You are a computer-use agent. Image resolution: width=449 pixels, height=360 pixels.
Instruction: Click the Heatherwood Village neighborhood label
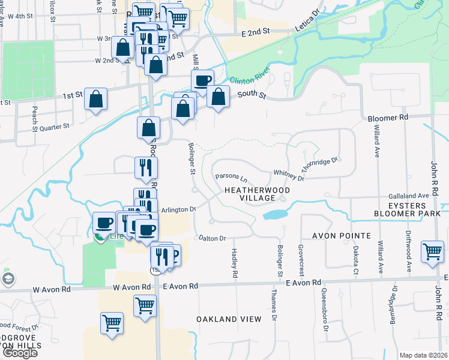pos(256,194)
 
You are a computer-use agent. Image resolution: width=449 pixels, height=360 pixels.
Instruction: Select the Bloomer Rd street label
pos(387,117)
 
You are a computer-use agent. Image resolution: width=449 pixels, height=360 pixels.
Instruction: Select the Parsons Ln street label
pos(231,178)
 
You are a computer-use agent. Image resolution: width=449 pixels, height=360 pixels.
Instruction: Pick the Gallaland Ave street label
pos(408,196)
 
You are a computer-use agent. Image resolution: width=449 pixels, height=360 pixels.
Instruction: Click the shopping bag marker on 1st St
pos(95,100)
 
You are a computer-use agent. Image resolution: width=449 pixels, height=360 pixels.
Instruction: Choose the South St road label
pos(251,94)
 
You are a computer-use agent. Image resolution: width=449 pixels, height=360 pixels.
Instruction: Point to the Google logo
pos(19,353)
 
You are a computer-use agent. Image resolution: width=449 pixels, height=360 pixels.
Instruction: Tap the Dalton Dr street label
pos(212,238)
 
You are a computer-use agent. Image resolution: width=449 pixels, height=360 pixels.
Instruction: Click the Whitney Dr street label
pos(289,175)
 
